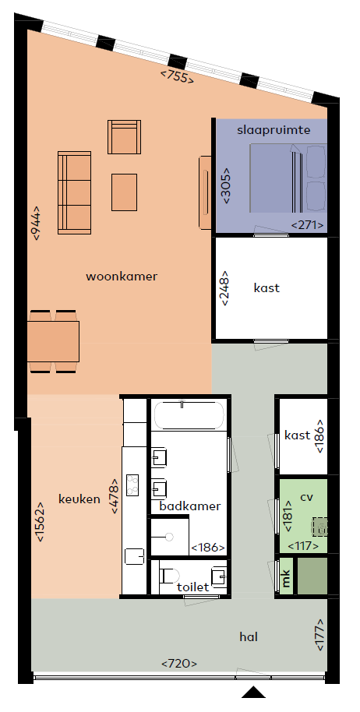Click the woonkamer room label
click(122, 276)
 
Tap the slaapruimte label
click(274, 130)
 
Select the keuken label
click(79, 499)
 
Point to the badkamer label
click(190, 506)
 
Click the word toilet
click(193, 587)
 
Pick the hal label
click(249, 636)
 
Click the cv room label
click(307, 496)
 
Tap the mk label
click(286, 578)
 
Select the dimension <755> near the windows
click(178, 76)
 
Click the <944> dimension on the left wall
click(36, 223)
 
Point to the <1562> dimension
click(40, 521)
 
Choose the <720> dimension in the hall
click(179, 664)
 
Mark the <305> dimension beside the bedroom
click(226, 185)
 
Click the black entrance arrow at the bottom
click(253, 692)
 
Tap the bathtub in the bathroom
click(189, 414)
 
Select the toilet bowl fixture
click(170, 576)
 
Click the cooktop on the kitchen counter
click(132, 485)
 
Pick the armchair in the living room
click(124, 136)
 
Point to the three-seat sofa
click(75, 192)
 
